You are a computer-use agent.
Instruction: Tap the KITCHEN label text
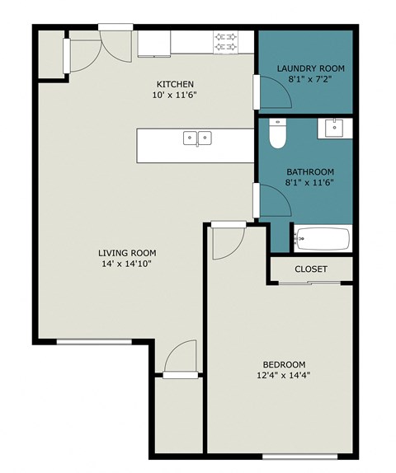click(176, 84)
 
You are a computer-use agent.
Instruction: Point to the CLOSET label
click(310, 269)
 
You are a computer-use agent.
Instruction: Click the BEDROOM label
click(284, 364)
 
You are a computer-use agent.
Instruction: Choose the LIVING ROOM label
click(127, 253)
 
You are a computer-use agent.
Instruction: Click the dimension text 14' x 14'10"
click(127, 265)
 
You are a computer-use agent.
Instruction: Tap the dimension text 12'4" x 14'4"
click(284, 376)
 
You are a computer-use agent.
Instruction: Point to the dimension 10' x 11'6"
click(176, 96)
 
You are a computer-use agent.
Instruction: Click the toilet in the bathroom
click(277, 133)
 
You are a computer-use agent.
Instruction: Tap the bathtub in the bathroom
click(323, 240)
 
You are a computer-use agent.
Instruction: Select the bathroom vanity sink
click(334, 127)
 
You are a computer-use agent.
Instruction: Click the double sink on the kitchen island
click(197, 138)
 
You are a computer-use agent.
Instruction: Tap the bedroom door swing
click(226, 241)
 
